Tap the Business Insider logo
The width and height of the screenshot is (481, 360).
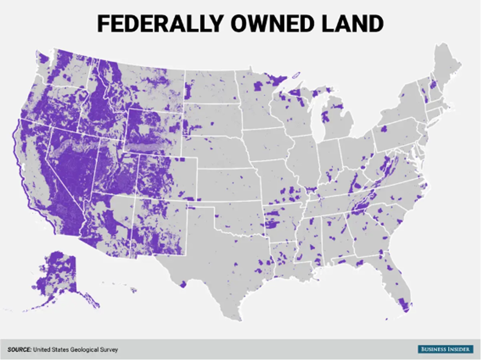[445, 349]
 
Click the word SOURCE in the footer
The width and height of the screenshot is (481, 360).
[19, 350]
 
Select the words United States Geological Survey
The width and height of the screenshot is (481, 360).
[76, 350]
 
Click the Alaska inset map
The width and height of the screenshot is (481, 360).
[57, 278]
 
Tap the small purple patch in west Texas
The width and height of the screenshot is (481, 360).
[183, 284]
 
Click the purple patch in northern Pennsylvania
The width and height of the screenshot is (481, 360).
[383, 129]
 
